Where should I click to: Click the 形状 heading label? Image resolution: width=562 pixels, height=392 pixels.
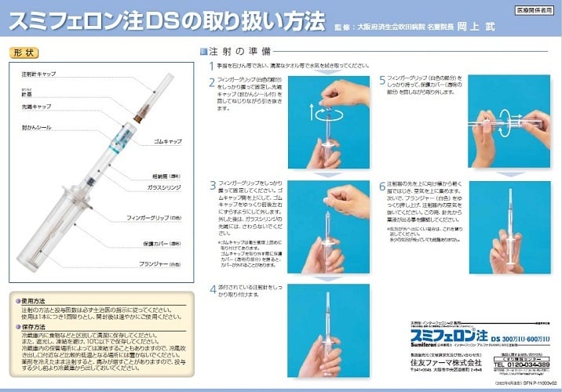24,53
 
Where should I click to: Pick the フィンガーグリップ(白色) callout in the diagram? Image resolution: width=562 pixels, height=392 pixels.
155,216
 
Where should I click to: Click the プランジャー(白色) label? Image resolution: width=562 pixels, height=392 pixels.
160,263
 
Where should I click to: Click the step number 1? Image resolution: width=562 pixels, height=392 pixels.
211,65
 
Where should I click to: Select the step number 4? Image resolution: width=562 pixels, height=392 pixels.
212,289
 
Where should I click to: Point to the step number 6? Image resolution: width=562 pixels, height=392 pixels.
382,187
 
